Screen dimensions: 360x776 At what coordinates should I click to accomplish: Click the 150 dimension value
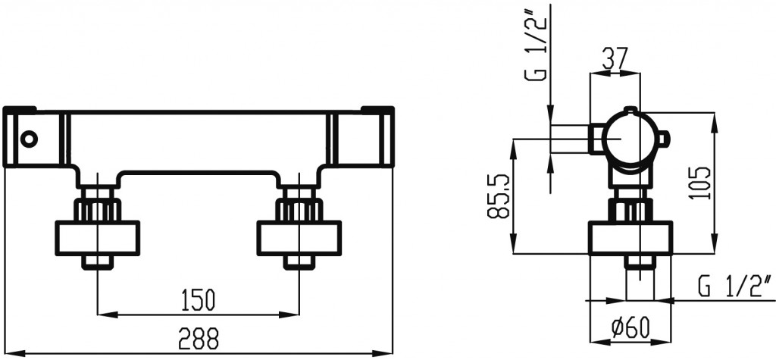click(x=198, y=299)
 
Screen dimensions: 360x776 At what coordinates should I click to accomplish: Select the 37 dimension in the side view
click(x=615, y=58)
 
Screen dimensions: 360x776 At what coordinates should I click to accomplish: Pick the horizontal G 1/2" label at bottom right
click(x=731, y=286)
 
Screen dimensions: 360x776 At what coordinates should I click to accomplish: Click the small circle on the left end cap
click(x=28, y=139)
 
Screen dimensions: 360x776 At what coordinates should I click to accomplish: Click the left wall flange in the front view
click(x=99, y=238)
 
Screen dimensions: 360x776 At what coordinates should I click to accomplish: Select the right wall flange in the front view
click(x=299, y=238)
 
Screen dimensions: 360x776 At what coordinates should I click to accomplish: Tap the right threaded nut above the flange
click(x=299, y=208)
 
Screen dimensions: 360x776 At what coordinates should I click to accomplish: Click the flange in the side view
click(x=630, y=239)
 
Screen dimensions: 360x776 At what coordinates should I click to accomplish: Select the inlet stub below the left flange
click(x=99, y=261)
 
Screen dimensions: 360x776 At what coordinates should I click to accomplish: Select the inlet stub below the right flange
click(x=299, y=261)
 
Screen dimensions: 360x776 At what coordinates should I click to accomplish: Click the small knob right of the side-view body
click(x=665, y=139)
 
